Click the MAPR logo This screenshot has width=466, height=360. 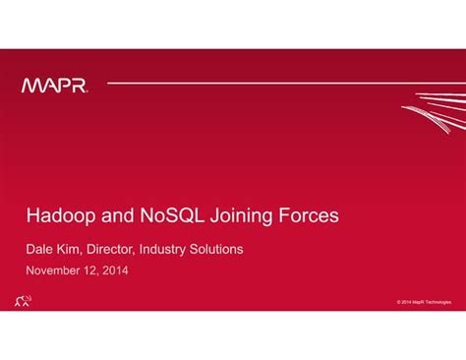[x=55, y=86]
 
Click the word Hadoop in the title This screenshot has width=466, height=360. [x=55, y=213]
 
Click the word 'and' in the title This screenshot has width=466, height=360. [x=109, y=213]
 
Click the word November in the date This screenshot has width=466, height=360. [x=57, y=270]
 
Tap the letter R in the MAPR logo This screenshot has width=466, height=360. [x=78, y=86]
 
